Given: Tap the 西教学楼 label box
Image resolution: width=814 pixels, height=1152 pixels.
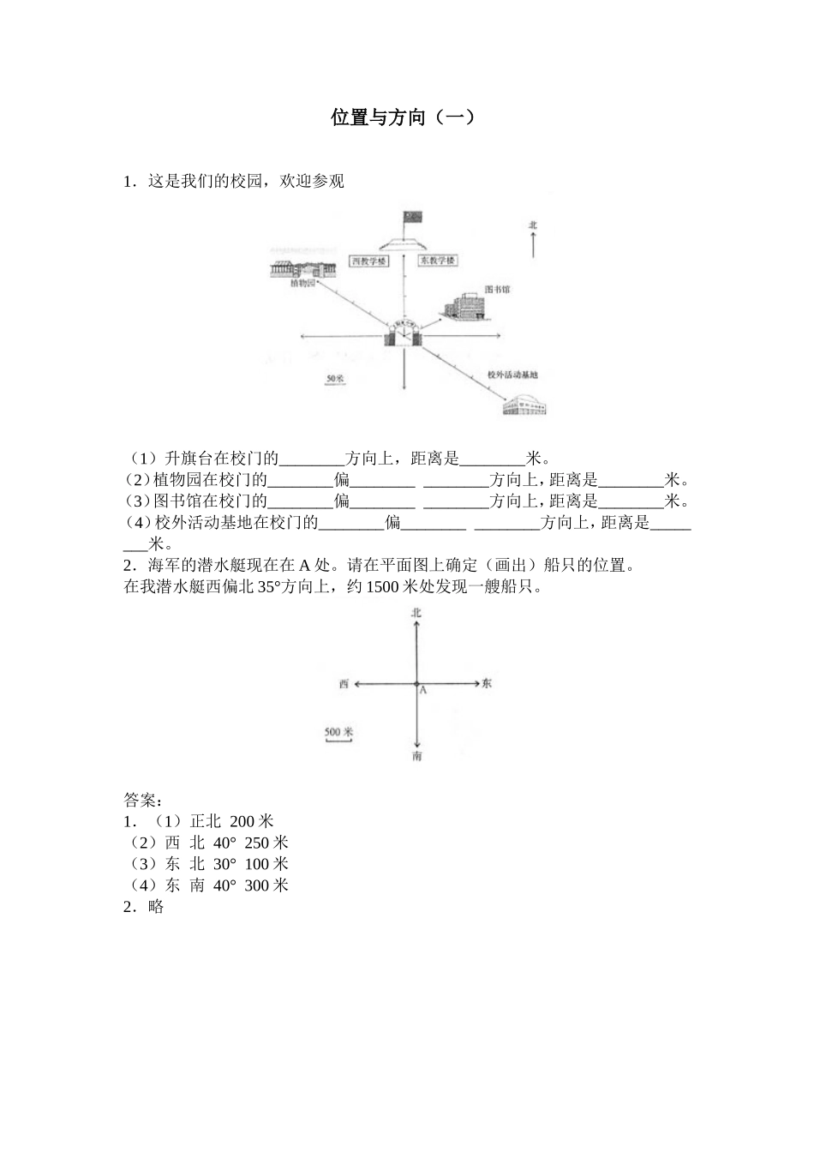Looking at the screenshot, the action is (369, 261).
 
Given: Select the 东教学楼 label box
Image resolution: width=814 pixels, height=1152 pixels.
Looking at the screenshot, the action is (437, 261).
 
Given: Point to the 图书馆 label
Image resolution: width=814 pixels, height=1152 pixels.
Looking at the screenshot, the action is (497, 290).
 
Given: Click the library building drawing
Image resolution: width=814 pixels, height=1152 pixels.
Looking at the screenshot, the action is (461, 306).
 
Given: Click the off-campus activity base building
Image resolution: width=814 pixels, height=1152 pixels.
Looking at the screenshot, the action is (524, 405).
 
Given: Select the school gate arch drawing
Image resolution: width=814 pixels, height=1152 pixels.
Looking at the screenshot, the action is (403, 333).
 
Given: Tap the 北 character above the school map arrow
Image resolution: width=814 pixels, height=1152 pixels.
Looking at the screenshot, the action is (533, 225).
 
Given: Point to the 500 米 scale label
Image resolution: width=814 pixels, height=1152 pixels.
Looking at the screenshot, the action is (339, 732).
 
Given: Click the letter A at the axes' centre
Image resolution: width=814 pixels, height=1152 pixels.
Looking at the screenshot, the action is (423, 691).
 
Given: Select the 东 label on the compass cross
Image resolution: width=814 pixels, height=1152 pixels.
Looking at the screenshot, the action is (487, 684).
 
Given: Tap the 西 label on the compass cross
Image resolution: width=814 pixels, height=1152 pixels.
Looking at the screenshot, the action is (344, 684).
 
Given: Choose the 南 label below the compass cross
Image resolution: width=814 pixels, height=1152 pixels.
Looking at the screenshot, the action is (416, 757).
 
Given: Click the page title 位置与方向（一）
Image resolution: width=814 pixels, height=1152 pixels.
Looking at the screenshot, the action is (403, 117).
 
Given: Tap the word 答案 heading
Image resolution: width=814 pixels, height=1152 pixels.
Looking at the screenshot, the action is (140, 801).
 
